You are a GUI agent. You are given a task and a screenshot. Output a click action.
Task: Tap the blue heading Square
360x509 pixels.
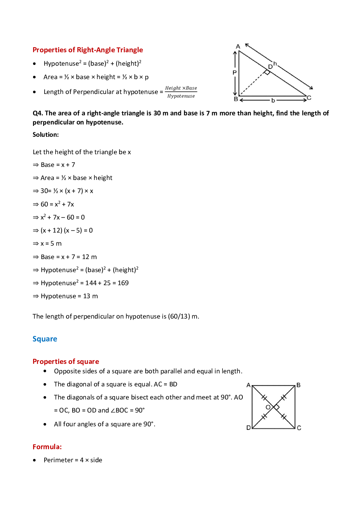[x=45, y=339]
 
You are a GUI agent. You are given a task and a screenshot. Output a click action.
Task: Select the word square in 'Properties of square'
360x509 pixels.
[x=88, y=362]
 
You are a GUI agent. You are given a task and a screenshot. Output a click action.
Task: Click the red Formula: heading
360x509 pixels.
[x=47, y=447]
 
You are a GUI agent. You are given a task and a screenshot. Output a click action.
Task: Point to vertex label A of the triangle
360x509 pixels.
[x=238, y=47]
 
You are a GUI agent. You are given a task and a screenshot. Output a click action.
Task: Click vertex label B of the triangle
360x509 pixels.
[x=236, y=99]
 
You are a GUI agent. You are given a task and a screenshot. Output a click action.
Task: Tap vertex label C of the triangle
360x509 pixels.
[x=309, y=98]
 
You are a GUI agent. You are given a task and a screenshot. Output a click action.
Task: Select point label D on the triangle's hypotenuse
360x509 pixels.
[x=270, y=67]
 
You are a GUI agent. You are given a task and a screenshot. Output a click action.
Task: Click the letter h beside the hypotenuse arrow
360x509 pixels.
[x=275, y=64]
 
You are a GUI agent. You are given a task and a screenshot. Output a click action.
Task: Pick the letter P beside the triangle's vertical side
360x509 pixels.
[x=235, y=73]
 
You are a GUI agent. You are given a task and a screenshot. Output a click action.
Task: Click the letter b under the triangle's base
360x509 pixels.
[x=273, y=100]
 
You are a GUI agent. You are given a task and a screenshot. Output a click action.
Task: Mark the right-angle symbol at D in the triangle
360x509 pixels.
[x=267, y=72]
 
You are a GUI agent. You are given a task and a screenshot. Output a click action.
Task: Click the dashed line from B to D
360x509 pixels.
[x=252, y=84]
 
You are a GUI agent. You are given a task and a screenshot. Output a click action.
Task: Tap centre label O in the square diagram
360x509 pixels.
[x=268, y=407]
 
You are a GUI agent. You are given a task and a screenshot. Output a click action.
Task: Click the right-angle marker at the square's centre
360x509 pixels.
[x=277, y=407]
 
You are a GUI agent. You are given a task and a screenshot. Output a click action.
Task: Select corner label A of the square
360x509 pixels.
[x=249, y=385]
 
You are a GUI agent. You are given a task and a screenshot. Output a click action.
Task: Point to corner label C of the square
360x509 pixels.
[x=299, y=428]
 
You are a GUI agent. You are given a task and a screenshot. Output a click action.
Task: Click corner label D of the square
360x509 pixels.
[x=249, y=428]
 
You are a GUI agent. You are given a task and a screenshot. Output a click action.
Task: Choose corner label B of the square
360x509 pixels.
[x=299, y=385]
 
